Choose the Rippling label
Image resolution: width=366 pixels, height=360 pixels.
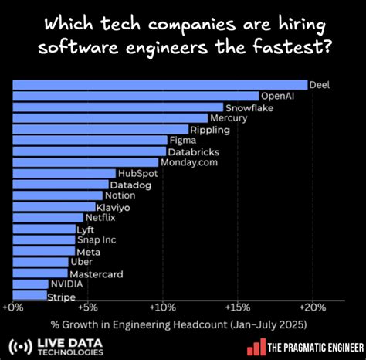[209, 130]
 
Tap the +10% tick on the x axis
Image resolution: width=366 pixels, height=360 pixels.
[162, 307]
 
